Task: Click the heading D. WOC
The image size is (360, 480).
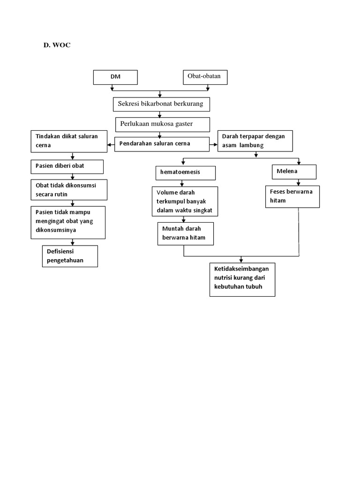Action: tap(57, 45)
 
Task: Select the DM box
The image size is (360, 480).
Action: tap(115, 77)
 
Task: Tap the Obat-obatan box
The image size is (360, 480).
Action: tap(204, 77)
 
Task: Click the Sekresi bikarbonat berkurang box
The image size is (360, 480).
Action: tap(161, 104)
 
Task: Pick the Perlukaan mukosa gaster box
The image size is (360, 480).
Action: tap(162, 125)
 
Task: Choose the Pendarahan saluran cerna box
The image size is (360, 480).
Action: tap(162, 144)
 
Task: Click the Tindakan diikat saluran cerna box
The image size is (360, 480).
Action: tap(69, 141)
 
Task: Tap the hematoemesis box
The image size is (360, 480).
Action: tap(186, 172)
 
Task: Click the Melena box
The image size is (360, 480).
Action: tap(294, 172)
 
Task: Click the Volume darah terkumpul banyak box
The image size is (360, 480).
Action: tap(185, 201)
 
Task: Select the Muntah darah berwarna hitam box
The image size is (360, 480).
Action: tap(185, 233)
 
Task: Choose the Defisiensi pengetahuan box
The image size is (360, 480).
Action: tap(70, 256)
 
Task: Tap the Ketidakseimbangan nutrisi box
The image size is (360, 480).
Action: tap(242, 279)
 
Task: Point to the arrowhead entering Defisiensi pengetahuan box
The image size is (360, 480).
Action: tap(72, 243)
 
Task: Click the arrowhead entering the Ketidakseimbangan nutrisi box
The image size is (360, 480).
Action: tap(241, 261)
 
